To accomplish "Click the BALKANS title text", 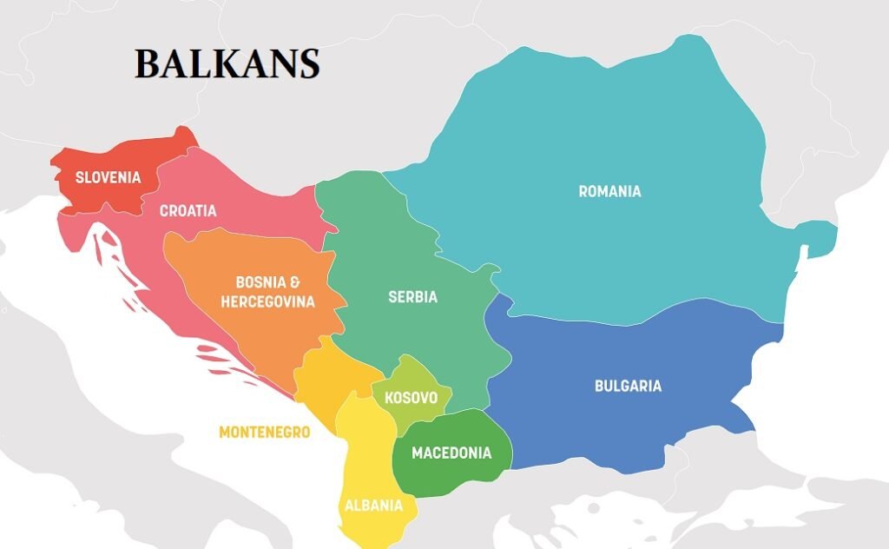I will pyautogui.click(x=227, y=65).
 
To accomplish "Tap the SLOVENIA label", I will pyautogui.click(x=108, y=178).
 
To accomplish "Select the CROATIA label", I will pyautogui.click(x=188, y=211).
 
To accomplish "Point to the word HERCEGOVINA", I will pyautogui.click(x=267, y=302).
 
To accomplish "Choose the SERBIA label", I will pyautogui.click(x=412, y=297).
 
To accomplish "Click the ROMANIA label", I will pyautogui.click(x=609, y=191).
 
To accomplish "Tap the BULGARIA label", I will pyautogui.click(x=628, y=386).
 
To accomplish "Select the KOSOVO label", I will pyautogui.click(x=411, y=398).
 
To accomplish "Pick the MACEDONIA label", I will pyautogui.click(x=451, y=453).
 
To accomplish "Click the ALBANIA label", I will pyautogui.click(x=373, y=506).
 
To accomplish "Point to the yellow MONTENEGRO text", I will pyautogui.click(x=264, y=432).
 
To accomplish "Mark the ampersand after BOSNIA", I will pyautogui.click(x=295, y=283).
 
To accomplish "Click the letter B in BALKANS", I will pyautogui.click(x=147, y=65).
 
